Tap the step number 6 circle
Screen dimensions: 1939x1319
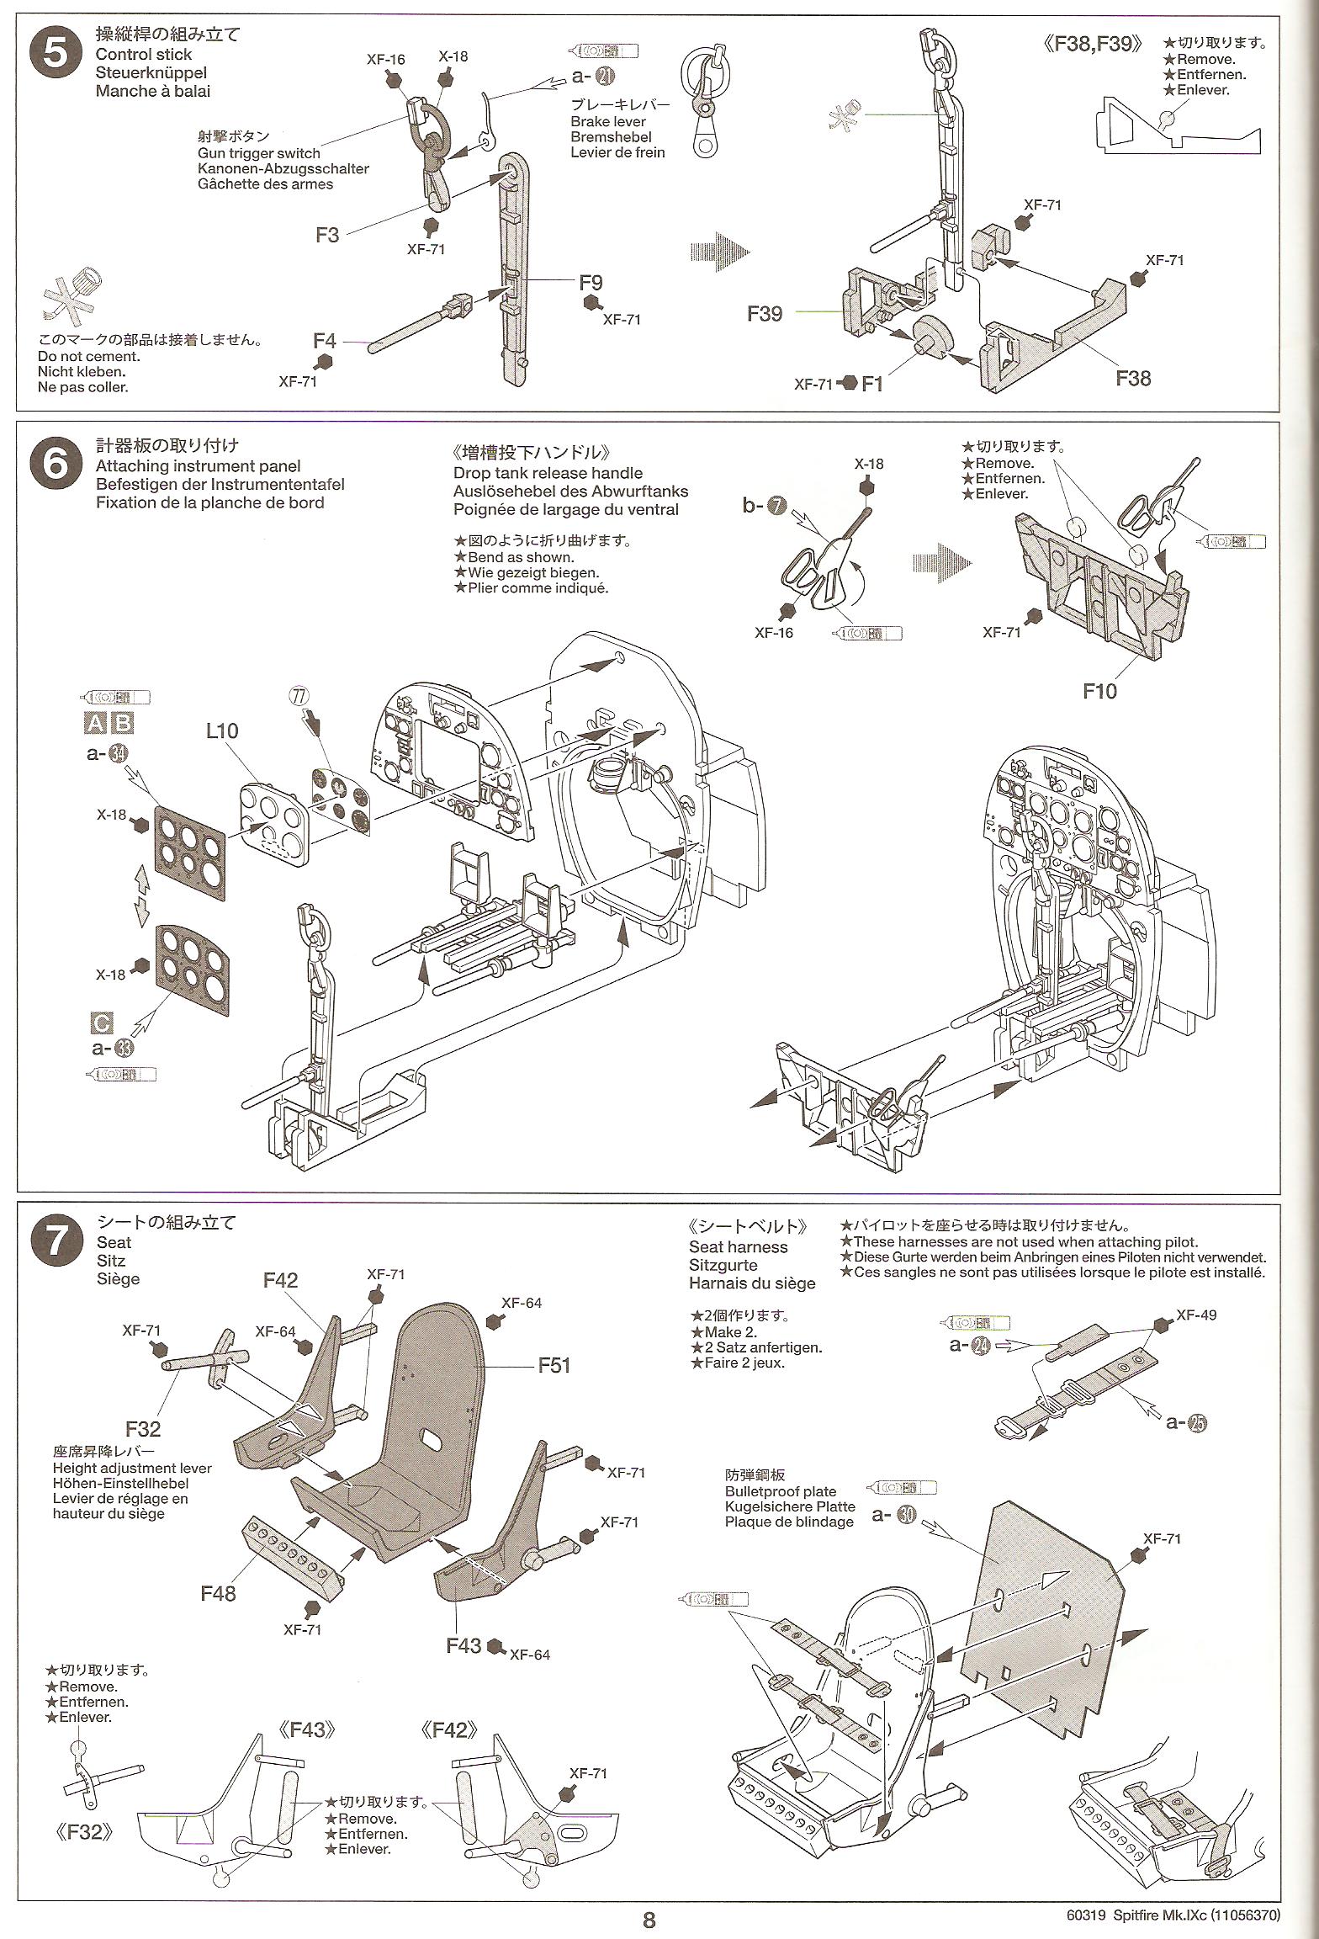54,465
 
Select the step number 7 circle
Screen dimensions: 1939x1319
54,1241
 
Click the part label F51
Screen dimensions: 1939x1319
554,1364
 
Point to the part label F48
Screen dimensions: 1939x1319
218,1593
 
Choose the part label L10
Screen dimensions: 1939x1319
222,730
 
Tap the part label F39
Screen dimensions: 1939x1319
765,313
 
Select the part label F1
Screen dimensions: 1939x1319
872,384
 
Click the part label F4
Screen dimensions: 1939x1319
325,341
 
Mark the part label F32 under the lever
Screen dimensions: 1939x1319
143,1428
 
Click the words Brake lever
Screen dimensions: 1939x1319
607,122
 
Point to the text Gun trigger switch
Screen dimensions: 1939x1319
259,153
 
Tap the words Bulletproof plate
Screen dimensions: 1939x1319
781,1491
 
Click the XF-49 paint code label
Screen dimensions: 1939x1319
1196,1315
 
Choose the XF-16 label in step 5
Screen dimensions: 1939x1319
385,59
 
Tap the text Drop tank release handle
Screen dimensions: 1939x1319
548,473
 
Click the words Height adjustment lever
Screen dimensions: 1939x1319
132,1468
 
